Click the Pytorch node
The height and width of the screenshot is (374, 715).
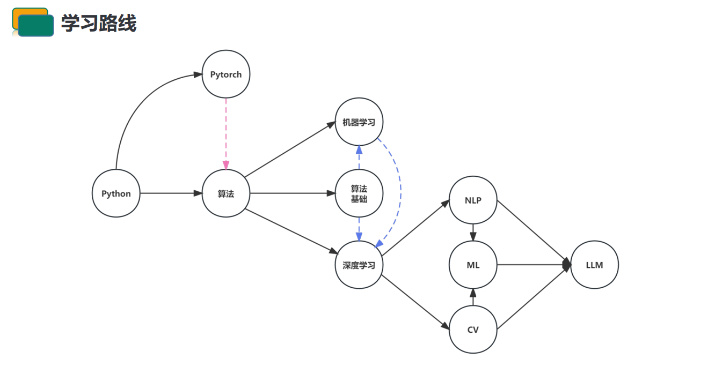[226, 74]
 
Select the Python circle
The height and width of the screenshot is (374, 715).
[116, 193]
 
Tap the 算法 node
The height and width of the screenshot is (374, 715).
[226, 193]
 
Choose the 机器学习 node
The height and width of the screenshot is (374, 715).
[359, 122]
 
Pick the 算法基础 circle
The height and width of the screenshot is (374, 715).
[359, 193]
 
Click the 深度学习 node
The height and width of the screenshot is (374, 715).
[359, 265]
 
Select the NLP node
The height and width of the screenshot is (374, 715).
[473, 200]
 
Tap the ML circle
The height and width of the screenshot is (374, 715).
[473, 265]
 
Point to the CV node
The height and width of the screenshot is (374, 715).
[473, 329]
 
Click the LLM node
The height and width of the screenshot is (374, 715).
[594, 265]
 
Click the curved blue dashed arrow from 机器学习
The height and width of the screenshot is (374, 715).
[399, 188]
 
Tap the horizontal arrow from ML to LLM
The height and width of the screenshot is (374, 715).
[531, 265]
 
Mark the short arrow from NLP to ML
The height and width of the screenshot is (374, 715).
[473, 232]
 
